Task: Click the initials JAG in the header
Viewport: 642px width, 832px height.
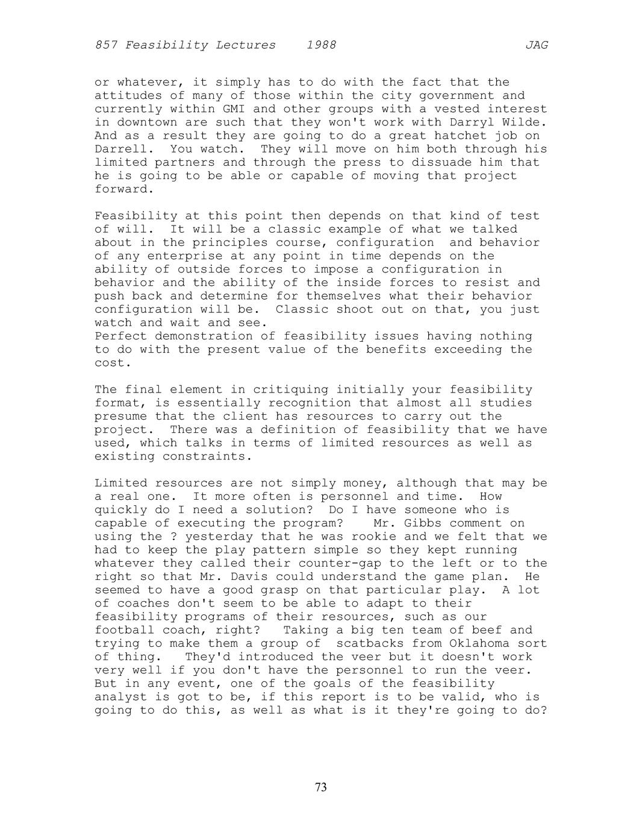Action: click(536, 45)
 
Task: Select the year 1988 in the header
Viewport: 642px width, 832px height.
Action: click(321, 45)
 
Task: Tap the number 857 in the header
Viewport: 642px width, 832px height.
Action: click(106, 45)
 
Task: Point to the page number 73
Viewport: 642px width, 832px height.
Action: click(320, 787)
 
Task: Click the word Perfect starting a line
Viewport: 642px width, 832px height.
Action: click(120, 336)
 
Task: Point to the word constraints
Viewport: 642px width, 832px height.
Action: click(207, 456)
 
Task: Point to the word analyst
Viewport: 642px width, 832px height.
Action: click(120, 697)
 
